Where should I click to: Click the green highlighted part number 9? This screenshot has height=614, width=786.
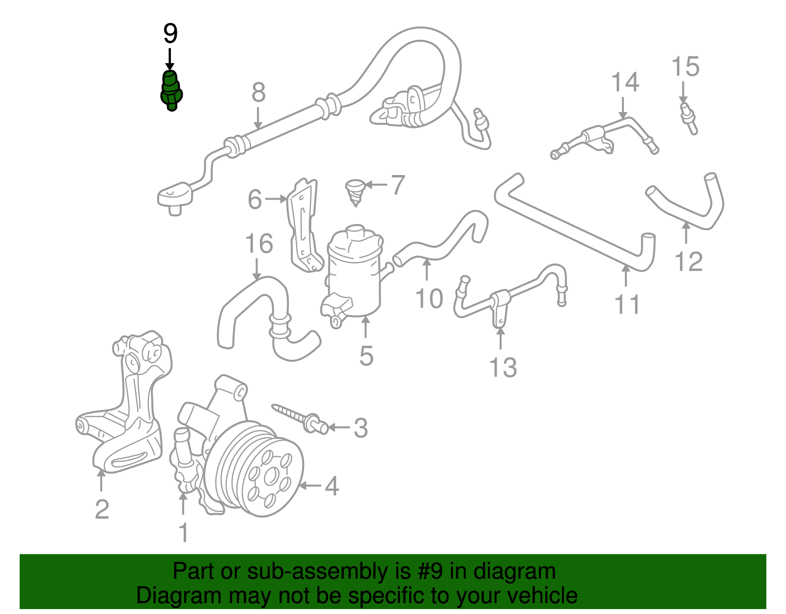(x=170, y=91)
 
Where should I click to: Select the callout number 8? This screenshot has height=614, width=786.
(x=258, y=92)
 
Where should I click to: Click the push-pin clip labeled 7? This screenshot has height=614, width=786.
(x=354, y=192)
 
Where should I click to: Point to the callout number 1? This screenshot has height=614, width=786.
(x=183, y=532)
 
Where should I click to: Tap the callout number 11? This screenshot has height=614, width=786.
(x=627, y=304)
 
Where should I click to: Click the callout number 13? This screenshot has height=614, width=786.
(x=503, y=367)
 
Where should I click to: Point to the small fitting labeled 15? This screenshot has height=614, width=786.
(x=688, y=118)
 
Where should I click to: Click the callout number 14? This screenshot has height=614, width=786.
(x=625, y=82)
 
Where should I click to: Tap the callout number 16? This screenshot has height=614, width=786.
(x=259, y=244)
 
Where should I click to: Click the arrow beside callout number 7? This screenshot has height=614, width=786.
(x=376, y=185)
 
